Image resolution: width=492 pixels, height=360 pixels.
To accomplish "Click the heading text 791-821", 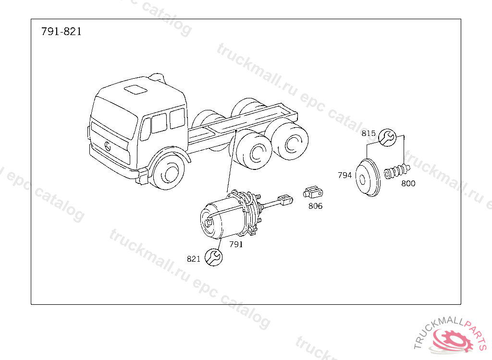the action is pyautogui.click(x=61, y=31).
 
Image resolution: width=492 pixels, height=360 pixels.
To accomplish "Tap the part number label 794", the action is pyautogui.click(x=344, y=175).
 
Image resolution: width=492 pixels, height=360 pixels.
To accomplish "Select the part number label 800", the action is pyautogui.click(x=408, y=183).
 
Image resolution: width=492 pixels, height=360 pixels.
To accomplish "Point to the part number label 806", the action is pyautogui.click(x=315, y=206).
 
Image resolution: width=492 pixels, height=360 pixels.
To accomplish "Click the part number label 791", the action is pyautogui.click(x=236, y=244).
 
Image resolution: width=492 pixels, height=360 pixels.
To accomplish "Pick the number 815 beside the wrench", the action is pyautogui.click(x=369, y=133).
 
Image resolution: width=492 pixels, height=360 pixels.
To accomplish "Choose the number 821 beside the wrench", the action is pyautogui.click(x=194, y=259).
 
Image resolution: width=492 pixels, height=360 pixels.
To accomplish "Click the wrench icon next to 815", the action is pyautogui.click(x=387, y=137).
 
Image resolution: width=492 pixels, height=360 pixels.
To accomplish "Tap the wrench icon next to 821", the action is pyautogui.click(x=214, y=257).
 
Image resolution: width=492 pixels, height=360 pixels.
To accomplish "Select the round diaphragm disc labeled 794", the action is pyautogui.click(x=368, y=178).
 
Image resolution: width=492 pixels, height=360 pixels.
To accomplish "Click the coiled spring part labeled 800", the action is pyautogui.click(x=397, y=171).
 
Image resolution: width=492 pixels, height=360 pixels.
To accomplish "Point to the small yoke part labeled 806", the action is pyautogui.click(x=313, y=192).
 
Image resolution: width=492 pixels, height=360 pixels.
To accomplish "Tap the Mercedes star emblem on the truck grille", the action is pyautogui.click(x=108, y=146).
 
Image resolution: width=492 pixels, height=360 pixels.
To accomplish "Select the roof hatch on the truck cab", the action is pyautogui.click(x=135, y=89).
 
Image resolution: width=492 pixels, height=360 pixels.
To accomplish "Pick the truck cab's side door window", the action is pyautogui.click(x=159, y=123).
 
